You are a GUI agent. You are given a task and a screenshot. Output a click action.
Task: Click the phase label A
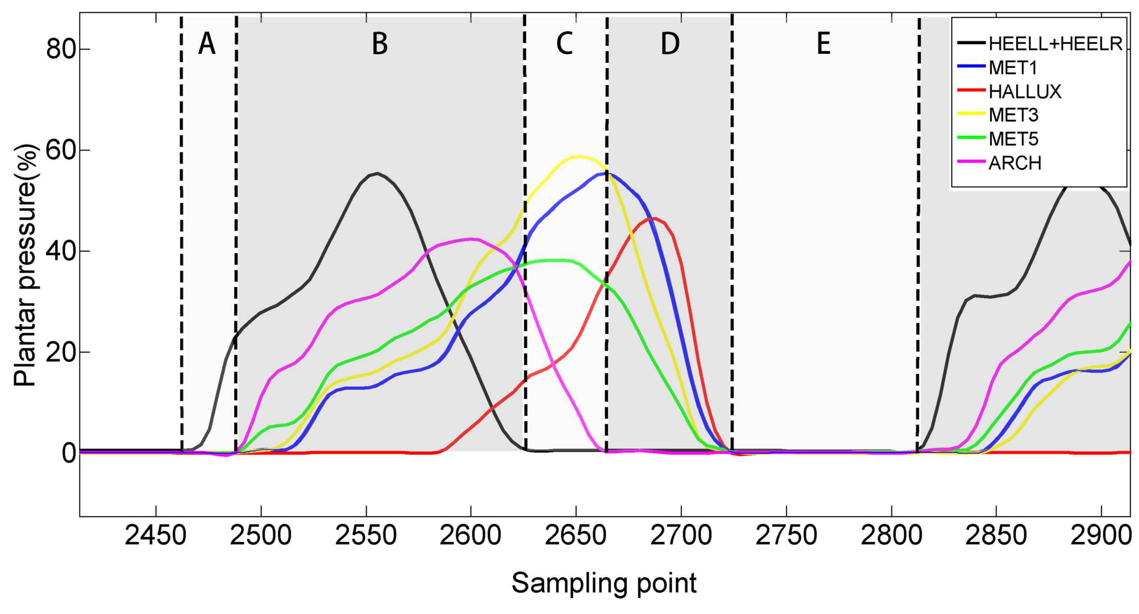(x=207, y=44)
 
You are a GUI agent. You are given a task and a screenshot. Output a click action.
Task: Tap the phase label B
(x=380, y=44)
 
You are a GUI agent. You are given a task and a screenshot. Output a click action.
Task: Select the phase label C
(x=565, y=44)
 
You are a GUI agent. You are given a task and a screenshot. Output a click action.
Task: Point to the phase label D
(x=670, y=44)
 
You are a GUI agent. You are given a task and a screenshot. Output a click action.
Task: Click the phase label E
(x=823, y=44)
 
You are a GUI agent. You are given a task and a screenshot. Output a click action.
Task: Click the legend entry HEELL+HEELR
(x=1055, y=44)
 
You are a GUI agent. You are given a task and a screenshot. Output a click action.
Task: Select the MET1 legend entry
(x=1012, y=68)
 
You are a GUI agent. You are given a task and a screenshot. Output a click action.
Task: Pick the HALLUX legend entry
(x=1025, y=92)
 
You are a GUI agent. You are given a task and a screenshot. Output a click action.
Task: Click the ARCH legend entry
(x=1015, y=163)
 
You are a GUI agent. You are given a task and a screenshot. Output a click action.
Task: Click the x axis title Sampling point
(x=604, y=583)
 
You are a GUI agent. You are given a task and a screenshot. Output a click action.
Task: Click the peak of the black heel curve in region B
(x=377, y=173)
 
